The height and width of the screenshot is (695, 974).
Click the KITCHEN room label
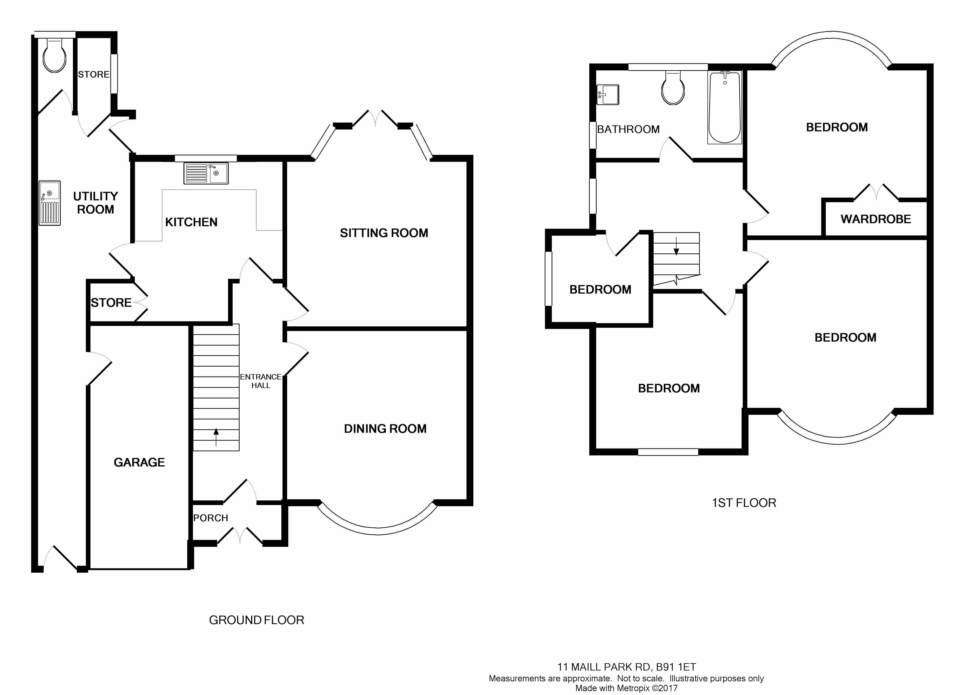tap(191, 222)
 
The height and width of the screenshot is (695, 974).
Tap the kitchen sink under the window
tap(206, 173)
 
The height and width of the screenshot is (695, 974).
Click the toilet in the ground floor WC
tap(55, 56)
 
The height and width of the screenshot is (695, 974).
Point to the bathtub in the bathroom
tap(724, 107)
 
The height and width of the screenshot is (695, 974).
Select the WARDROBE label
tap(876, 219)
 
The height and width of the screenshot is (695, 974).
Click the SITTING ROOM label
tap(384, 233)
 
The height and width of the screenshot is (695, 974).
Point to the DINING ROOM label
tap(385, 429)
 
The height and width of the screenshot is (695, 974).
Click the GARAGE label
tap(139, 462)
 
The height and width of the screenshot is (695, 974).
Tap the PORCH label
tap(210, 518)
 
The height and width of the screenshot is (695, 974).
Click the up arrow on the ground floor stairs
tap(216, 437)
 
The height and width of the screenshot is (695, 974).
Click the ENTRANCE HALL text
tap(261, 381)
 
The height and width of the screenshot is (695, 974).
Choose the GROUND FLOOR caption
tap(256, 620)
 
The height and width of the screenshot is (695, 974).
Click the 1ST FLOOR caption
tap(744, 503)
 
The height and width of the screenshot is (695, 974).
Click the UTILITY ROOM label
tap(95, 203)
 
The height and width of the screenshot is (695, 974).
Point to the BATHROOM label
tap(628, 129)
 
